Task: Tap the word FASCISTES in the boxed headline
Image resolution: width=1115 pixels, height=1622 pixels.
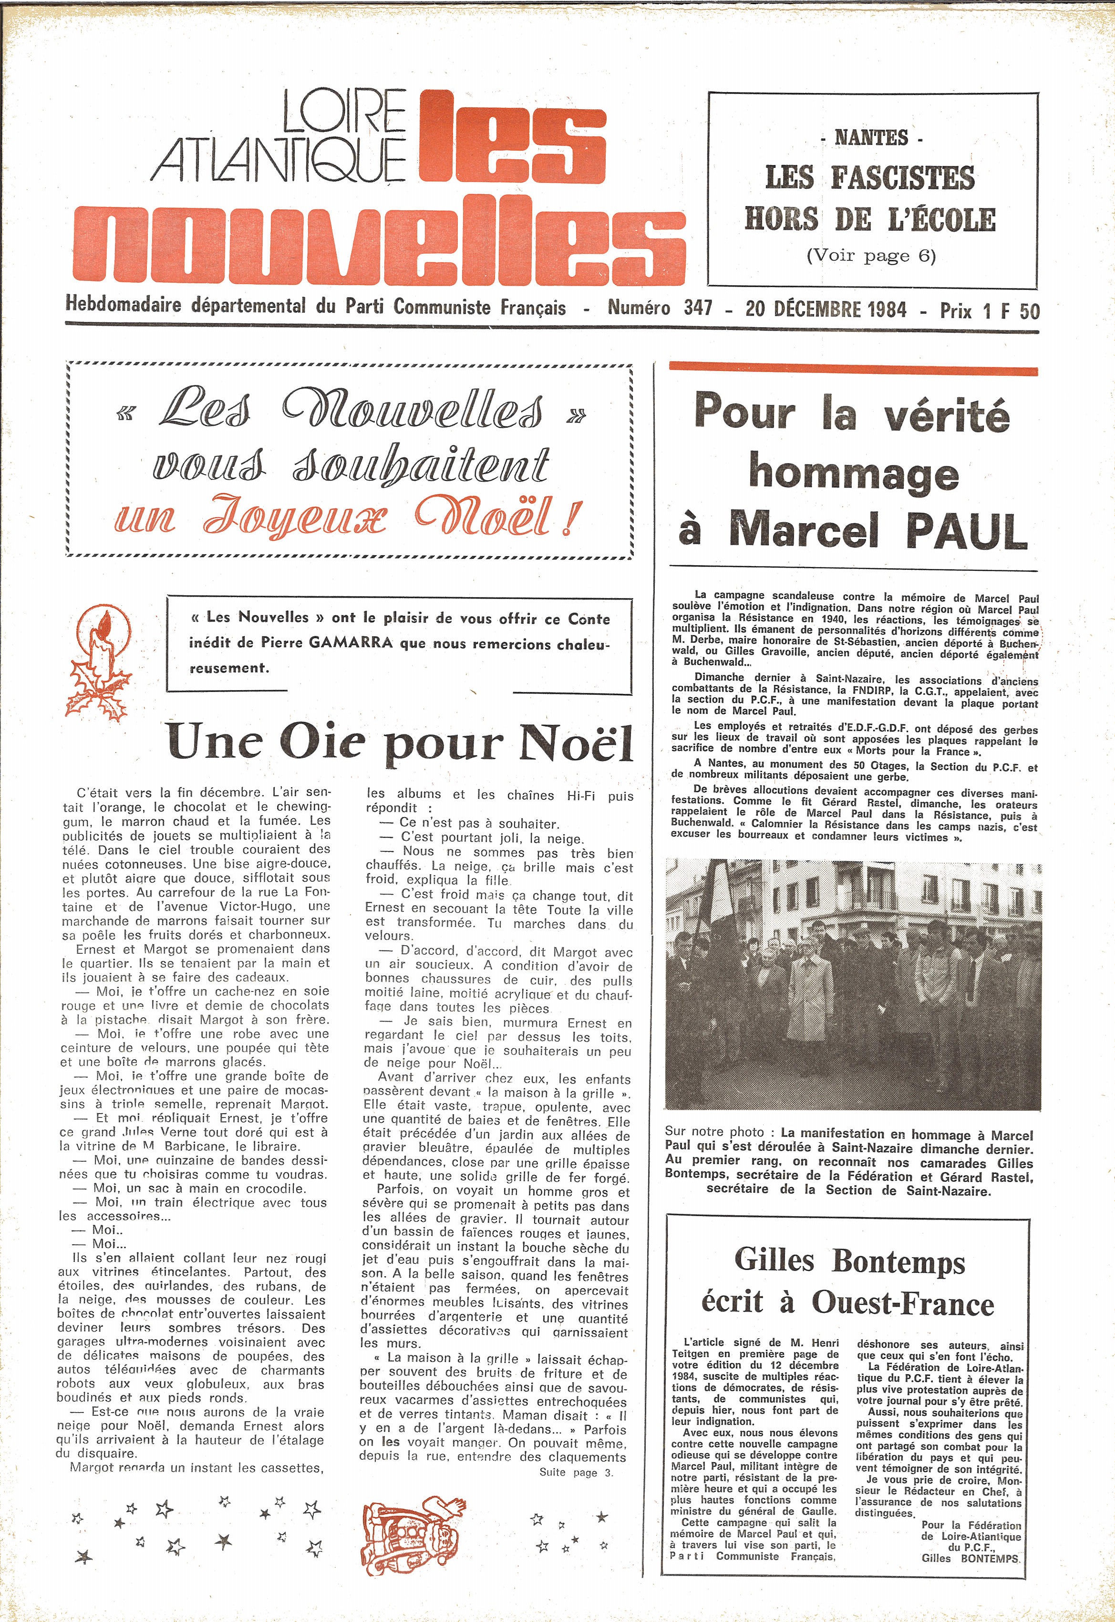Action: [x=903, y=178]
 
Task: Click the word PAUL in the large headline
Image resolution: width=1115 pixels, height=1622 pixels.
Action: [x=966, y=531]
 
